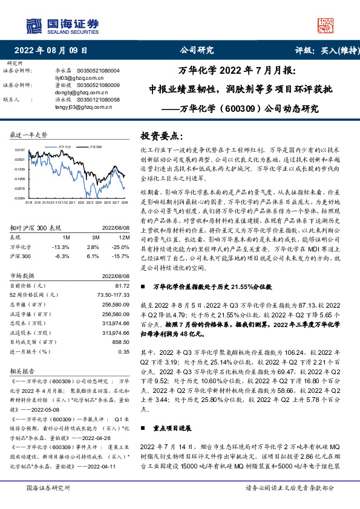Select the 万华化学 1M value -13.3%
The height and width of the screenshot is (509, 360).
coord(61,247)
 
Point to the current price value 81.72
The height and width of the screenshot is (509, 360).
coord(123,285)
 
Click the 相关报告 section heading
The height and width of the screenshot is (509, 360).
coord(24,369)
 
